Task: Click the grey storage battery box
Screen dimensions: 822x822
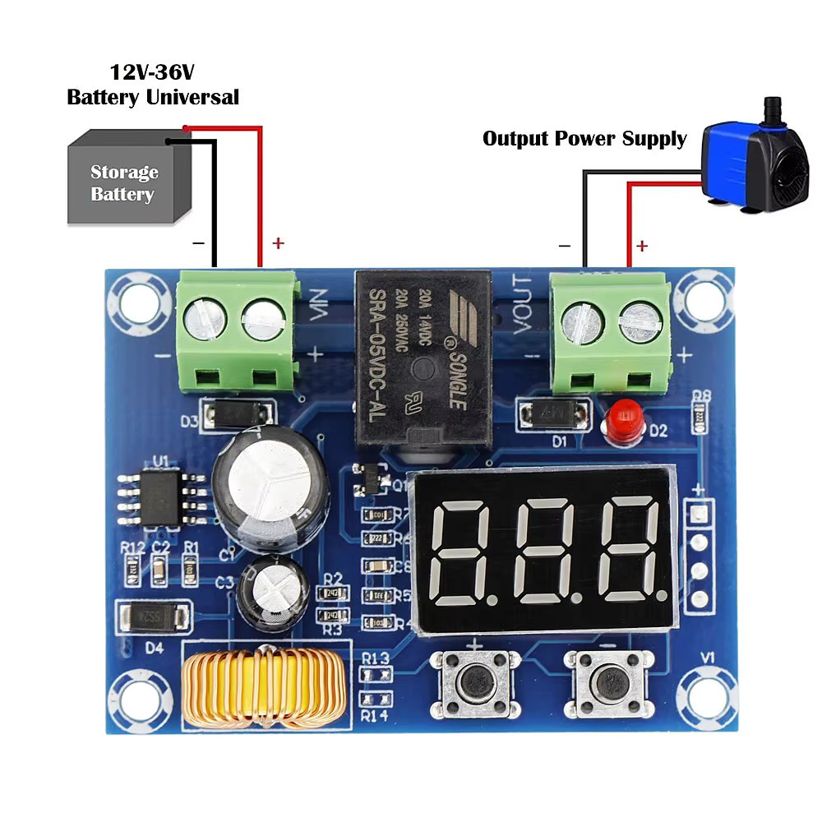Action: click(123, 181)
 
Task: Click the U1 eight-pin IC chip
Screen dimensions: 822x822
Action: click(159, 497)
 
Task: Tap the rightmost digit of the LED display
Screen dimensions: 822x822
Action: click(629, 551)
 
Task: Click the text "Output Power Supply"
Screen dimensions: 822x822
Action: click(584, 138)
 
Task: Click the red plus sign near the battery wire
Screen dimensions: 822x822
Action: click(278, 243)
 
